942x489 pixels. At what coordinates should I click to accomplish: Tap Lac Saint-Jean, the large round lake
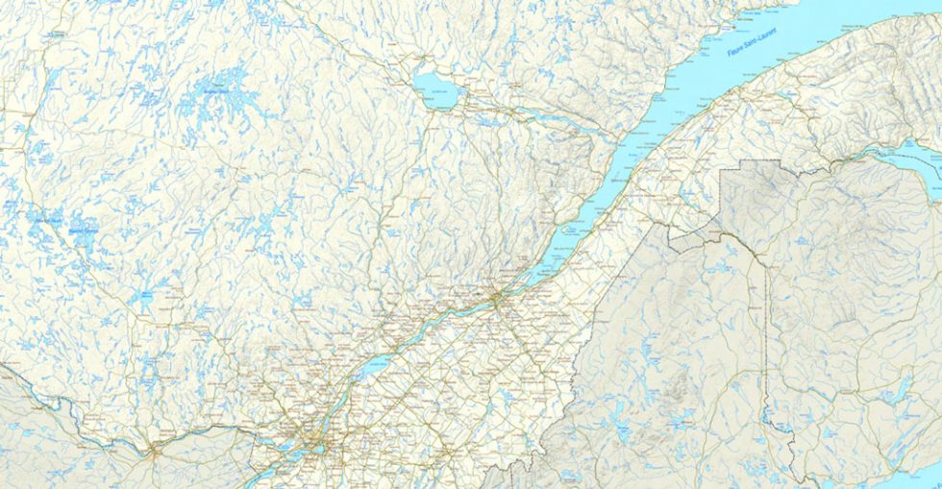[x=436, y=86]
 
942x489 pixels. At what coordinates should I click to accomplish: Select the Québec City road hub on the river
[x=496, y=299]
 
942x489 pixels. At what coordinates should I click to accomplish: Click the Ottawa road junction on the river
[x=154, y=447]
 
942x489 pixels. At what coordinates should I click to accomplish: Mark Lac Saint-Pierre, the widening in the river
[x=378, y=362]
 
